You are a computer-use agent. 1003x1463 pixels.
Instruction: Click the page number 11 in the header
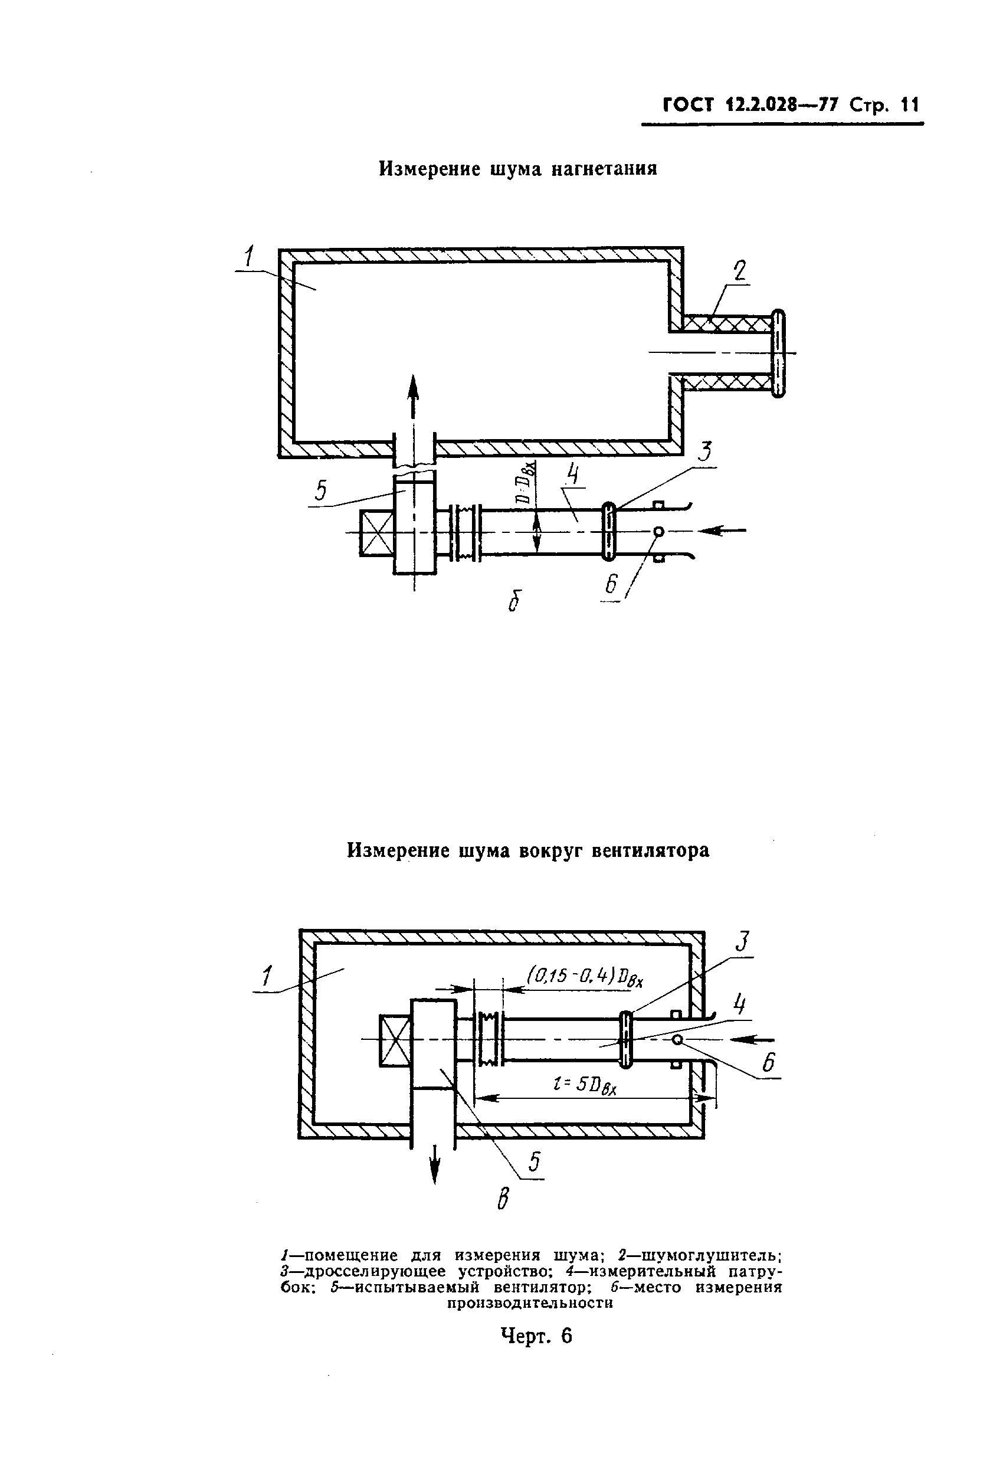coord(910,104)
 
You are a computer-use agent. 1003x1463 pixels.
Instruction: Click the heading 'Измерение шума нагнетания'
coord(518,169)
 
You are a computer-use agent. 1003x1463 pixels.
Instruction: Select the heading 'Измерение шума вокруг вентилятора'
coord(529,850)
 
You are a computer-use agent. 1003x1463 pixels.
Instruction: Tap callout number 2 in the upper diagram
coord(739,271)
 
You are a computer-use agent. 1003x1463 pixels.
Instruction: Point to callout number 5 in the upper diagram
coord(321,490)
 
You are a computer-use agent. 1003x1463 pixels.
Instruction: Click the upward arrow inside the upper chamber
coord(413,397)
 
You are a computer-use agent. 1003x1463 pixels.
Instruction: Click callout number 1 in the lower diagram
coord(267,976)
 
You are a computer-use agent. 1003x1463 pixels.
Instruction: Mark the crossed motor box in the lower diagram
coord(395,1040)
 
